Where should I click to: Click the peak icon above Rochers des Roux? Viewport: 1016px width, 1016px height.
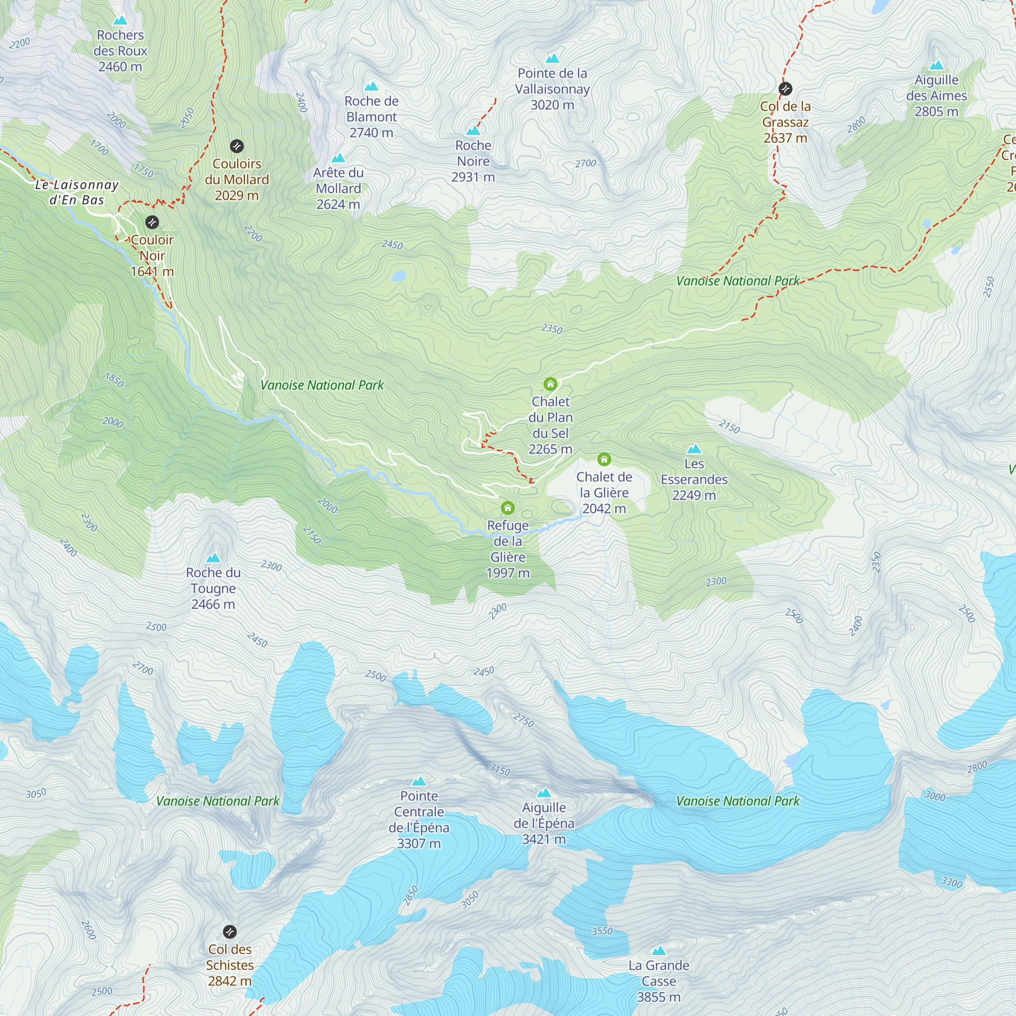(x=120, y=21)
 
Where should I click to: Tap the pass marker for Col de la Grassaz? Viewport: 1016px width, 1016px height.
(x=785, y=88)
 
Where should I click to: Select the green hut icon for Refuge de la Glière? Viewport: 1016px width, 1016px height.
(x=507, y=507)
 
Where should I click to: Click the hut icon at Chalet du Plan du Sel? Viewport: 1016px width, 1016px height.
(x=550, y=384)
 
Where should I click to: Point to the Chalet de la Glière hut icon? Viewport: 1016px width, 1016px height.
(x=604, y=460)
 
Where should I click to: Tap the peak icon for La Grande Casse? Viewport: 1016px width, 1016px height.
(x=659, y=951)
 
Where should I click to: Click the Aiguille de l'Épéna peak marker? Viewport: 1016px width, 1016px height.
(x=544, y=793)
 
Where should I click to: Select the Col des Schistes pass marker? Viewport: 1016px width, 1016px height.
(x=230, y=932)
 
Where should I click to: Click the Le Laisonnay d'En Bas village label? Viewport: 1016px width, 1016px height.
(x=77, y=192)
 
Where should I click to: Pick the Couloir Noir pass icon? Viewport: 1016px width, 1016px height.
(x=152, y=222)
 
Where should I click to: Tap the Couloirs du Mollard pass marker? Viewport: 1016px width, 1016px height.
(x=237, y=146)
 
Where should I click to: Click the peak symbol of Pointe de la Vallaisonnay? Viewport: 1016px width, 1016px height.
(x=552, y=58)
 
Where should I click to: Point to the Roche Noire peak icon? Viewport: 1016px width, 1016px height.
(x=473, y=131)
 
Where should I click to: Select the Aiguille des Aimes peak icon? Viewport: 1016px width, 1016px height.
(x=937, y=65)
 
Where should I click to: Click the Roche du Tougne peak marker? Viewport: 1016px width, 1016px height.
(x=213, y=558)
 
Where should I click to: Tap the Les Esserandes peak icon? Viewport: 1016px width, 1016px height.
(x=694, y=449)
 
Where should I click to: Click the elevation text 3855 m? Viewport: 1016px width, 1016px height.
(x=658, y=997)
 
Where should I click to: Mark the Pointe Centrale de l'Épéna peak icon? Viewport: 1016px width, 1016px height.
(x=419, y=781)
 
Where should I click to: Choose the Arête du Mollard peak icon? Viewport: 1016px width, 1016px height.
(x=338, y=158)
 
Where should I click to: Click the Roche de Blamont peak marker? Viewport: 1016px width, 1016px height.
(x=371, y=86)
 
